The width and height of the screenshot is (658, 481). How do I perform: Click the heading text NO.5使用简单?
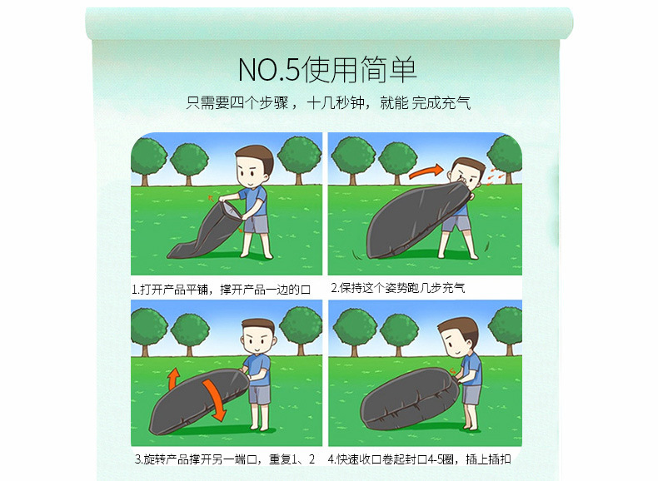coord(327,70)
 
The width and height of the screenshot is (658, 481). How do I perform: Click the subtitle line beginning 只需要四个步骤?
coord(328,102)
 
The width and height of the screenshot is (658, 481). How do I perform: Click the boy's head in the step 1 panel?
coord(253,166)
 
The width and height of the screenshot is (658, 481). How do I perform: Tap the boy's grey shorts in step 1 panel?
coord(256,224)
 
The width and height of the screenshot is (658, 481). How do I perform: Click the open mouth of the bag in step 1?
coord(231,210)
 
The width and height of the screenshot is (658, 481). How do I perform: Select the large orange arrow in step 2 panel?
coord(426,171)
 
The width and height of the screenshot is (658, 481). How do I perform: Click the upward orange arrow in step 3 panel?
coord(173,379)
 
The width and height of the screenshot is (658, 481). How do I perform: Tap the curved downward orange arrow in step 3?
coord(215,399)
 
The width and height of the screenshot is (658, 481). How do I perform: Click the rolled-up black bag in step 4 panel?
coord(410,399)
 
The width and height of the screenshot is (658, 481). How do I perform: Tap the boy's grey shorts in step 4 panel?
coord(471,394)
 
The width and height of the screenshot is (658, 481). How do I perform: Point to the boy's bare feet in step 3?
coord(260,427)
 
